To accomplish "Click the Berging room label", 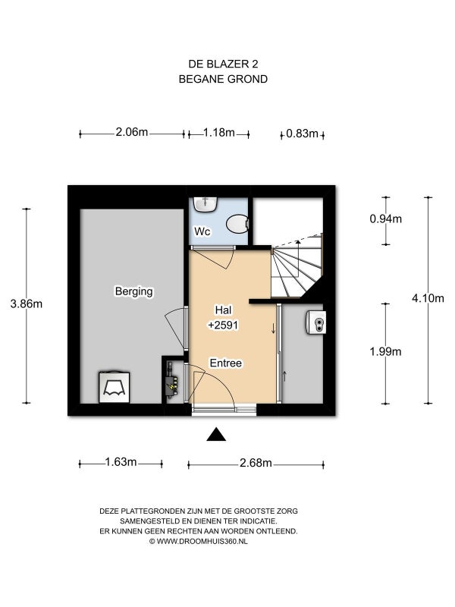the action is coord(134,291).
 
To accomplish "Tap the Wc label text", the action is coord(202,231).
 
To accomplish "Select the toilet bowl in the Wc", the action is coord(237,225).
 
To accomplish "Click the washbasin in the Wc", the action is coord(206,204).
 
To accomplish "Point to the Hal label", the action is coord(224,310).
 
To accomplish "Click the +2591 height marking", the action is coord(223,326).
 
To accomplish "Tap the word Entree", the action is coord(226,363).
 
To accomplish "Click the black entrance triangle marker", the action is coord(216,435).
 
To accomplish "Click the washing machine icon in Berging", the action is coord(115,387).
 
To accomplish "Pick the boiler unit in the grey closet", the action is coord(315,322).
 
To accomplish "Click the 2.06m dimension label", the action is coord(132,132).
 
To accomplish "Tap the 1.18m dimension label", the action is coord(219,133).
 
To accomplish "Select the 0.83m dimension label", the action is coord(302,134).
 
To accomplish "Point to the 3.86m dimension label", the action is coord(27,304).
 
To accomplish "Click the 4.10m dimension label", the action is coord(428,298).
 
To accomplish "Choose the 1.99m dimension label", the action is coord(385,352).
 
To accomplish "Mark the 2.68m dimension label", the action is coord(256,463).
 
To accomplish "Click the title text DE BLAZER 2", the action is coord(223,64).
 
